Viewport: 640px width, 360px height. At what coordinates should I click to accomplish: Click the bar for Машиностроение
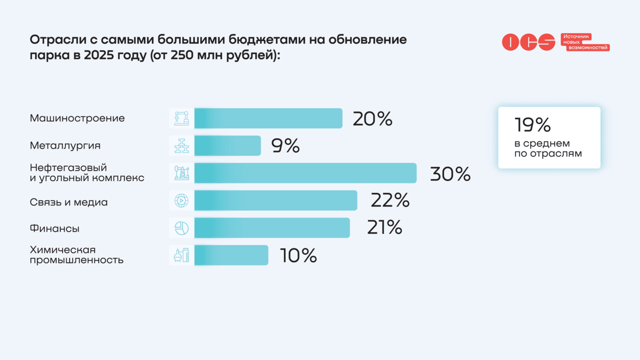pos(268,118)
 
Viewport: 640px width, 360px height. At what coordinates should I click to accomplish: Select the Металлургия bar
pos(227,145)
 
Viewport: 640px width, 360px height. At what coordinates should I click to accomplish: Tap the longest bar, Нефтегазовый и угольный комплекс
pos(305,173)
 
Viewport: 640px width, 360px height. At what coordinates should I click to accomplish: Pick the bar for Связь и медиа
pos(275,200)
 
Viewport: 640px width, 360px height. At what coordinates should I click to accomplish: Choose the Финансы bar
pos(272,227)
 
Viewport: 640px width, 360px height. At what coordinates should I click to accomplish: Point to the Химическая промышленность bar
pos(231,255)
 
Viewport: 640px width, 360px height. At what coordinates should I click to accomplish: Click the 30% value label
pos(450,173)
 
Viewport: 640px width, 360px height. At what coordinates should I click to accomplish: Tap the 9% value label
pos(285,146)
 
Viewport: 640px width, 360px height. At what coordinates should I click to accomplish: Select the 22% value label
pos(390,200)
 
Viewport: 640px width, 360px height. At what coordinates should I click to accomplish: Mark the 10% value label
pos(298,255)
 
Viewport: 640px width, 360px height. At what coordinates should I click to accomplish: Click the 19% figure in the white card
pos(532,125)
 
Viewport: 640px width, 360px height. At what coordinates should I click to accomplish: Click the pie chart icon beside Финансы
pos(181,228)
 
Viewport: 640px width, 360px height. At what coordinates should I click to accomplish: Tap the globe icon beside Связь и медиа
pos(181,200)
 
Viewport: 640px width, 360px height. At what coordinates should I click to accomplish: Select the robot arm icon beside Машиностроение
pos(181,118)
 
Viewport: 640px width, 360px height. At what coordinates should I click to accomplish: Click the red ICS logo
pos(528,42)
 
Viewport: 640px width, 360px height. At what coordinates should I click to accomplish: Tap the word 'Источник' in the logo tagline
pos(576,36)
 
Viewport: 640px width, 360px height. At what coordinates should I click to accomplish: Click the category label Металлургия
pos(65,145)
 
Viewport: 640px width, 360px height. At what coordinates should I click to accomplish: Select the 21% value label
pos(384,228)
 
